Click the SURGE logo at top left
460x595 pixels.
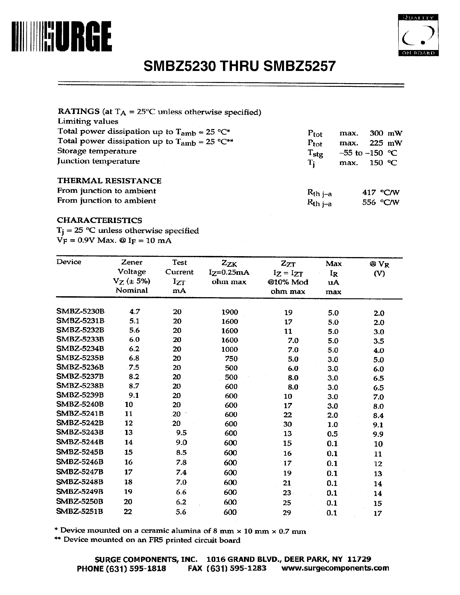click(62, 36)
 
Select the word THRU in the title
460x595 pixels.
click(240, 66)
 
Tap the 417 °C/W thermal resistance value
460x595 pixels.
click(381, 193)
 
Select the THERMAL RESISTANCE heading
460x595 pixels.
click(109, 181)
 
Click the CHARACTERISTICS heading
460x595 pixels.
click(100, 220)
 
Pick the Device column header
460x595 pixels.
click(69, 262)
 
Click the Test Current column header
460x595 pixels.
click(179, 276)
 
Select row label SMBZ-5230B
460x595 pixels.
click(80, 311)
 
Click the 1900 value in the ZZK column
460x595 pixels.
click(230, 312)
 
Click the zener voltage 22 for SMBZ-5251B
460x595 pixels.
click(128, 512)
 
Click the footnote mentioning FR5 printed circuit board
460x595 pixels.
click(148, 540)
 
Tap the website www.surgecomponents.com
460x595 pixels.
click(335, 568)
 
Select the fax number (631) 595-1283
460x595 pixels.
click(227, 568)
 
